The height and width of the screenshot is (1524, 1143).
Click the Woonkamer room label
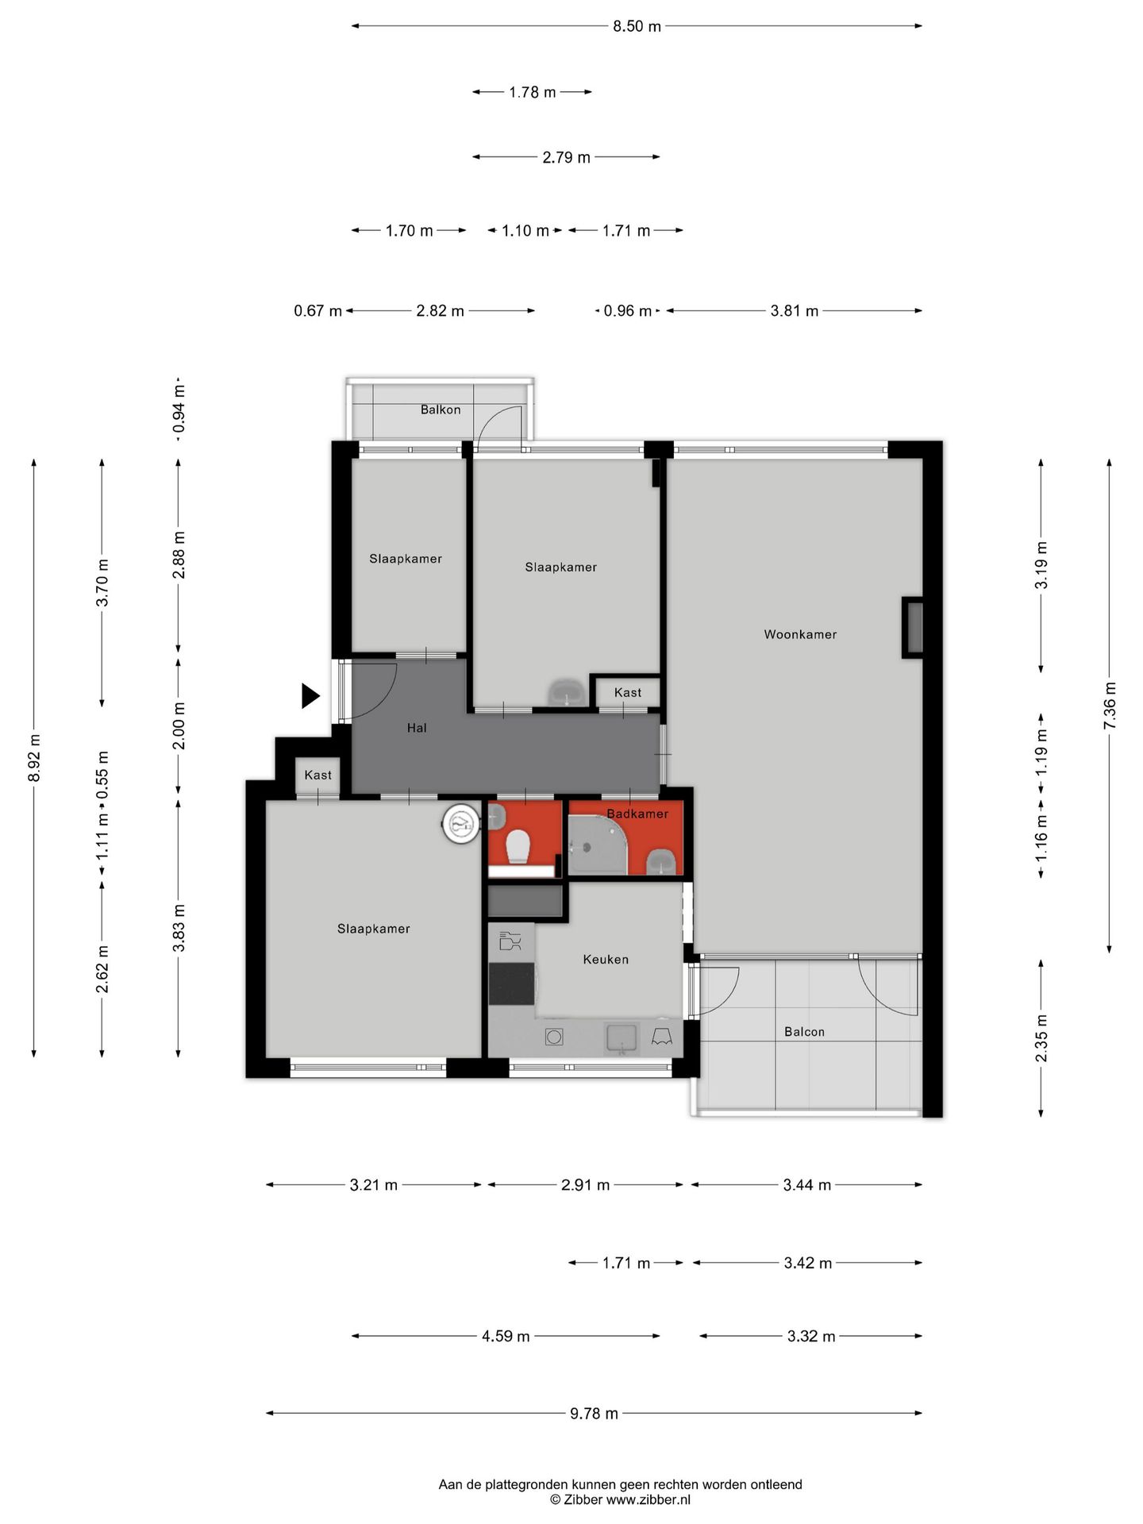(x=800, y=634)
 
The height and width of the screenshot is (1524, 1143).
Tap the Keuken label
(x=606, y=959)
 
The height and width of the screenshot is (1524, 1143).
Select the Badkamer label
(x=637, y=814)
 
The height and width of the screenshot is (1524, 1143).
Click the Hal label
(x=417, y=727)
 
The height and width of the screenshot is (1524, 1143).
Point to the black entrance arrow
(x=310, y=696)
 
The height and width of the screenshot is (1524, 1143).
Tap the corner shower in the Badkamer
(x=599, y=849)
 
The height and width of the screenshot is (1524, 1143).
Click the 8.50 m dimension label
(x=637, y=26)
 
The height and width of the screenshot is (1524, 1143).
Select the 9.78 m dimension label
(x=594, y=1413)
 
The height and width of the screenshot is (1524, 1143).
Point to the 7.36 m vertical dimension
(x=1110, y=706)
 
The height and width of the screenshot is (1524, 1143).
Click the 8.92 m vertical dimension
(x=34, y=758)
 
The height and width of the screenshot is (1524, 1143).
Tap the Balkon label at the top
(x=441, y=410)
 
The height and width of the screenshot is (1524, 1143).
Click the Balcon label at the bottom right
(x=804, y=1032)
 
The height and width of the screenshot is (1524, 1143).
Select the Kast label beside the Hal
(x=318, y=775)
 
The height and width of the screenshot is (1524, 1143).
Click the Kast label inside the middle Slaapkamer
(x=628, y=692)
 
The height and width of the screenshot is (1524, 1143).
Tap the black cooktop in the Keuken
(x=512, y=983)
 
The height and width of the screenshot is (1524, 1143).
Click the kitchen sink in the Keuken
(x=622, y=1037)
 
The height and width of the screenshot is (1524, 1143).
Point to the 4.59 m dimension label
(x=506, y=1336)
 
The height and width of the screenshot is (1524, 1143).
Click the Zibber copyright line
(x=621, y=1499)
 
